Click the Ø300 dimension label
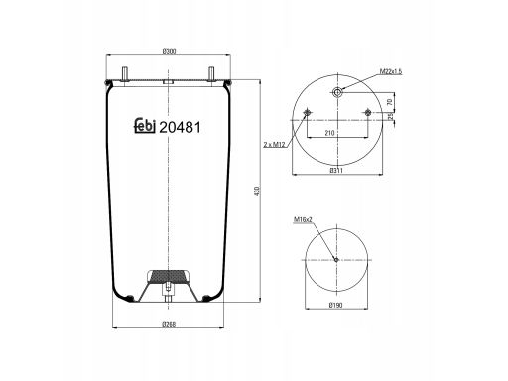pyautogui.click(x=169, y=51)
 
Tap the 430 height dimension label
pyautogui.click(x=257, y=191)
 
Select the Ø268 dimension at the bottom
pyautogui.click(x=169, y=324)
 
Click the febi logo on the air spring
pyautogui.click(x=145, y=126)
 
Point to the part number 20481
pyautogui.click(x=180, y=127)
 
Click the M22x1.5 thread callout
pyautogui.click(x=391, y=71)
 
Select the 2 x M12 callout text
pyautogui.click(x=274, y=145)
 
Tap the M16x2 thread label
pyautogui.click(x=303, y=219)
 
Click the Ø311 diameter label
pyautogui.click(x=336, y=171)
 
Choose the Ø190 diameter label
pyautogui.click(x=336, y=306)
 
